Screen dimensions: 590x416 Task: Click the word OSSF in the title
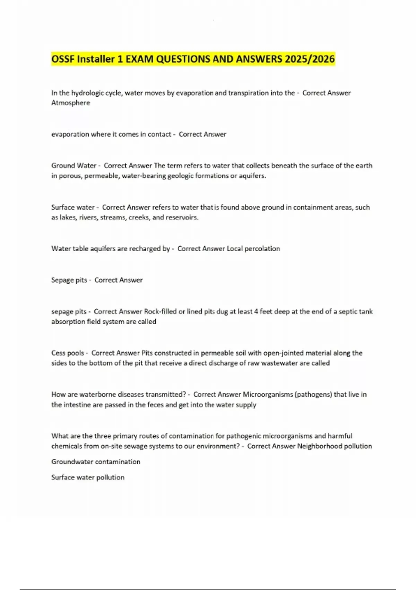point(63,59)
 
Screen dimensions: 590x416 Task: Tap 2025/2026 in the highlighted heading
point(310,59)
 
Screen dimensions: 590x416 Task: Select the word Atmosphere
point(70,103)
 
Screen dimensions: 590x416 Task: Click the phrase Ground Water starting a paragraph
point(73,166)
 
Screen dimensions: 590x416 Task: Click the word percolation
point(262,248)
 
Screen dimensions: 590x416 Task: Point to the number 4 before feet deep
point(256,311)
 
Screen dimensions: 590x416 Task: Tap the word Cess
point(58,353)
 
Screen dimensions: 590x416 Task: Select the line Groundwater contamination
point(96,462)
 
